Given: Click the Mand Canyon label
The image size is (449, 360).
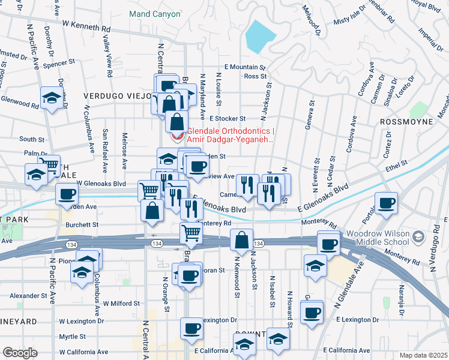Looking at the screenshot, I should coord(155,14).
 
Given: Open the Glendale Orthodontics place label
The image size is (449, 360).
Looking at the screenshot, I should coord(230,136).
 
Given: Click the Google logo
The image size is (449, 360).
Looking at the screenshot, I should coord(19,353).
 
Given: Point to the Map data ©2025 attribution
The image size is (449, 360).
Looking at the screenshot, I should coord(424,355).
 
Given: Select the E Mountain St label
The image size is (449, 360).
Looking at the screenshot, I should coord(244,68).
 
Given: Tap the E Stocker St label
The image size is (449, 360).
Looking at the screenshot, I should coord(226,119).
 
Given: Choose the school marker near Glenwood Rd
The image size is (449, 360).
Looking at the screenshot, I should coord(52,98).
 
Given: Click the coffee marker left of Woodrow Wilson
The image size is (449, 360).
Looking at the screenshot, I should coord(386,203).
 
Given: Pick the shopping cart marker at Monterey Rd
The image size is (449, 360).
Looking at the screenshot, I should coord(191,232).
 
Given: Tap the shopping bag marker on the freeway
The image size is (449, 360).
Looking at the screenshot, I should coord(241,240).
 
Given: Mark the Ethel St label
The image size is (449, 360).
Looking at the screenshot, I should coord(397,163).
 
